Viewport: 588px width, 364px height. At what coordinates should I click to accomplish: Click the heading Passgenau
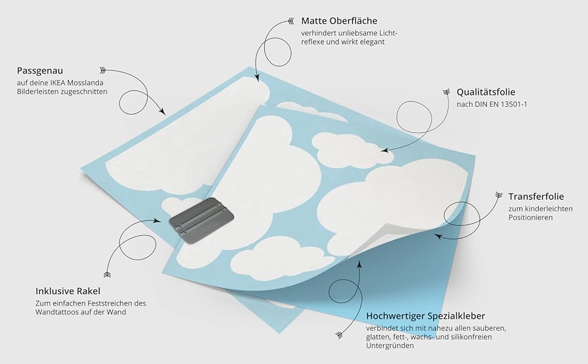click(40, 70)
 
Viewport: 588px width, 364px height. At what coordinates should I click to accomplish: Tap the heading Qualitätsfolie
click(486, 92)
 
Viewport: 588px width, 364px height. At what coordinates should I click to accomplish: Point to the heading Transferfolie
click(536, 196)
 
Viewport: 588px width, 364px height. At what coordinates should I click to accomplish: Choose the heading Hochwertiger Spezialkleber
click(426, 316)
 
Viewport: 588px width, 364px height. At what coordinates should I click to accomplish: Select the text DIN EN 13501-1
click(501, 104)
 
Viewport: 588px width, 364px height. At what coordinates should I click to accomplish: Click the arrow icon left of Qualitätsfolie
click(446, 93)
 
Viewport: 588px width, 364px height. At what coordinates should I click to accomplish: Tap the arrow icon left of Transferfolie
click(498, 195)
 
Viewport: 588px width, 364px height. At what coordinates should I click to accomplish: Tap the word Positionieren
click(530, 217)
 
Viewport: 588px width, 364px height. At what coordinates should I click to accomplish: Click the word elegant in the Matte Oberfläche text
click(372, 42)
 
